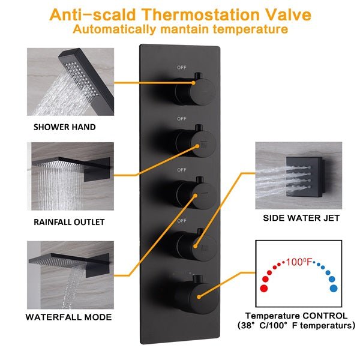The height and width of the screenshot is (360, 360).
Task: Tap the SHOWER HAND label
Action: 65,127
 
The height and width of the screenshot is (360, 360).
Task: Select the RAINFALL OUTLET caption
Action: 69,222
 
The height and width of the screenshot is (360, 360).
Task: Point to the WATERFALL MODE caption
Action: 68,317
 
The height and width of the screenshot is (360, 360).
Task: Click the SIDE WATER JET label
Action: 301,218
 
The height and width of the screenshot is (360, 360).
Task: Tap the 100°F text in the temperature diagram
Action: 299,262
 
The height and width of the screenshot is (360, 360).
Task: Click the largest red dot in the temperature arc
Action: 264,288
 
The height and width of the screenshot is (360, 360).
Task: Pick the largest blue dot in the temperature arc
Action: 334,288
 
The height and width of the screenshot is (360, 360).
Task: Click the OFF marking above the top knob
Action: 181,67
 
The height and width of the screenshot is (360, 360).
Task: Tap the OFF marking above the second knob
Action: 181,119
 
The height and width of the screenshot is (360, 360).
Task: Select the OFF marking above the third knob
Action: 181,170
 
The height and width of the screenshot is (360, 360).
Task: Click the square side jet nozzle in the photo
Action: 304,177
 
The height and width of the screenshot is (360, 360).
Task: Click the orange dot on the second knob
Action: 197,146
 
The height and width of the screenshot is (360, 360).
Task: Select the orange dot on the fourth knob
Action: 195,246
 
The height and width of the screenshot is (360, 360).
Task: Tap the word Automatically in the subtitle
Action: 114,29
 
